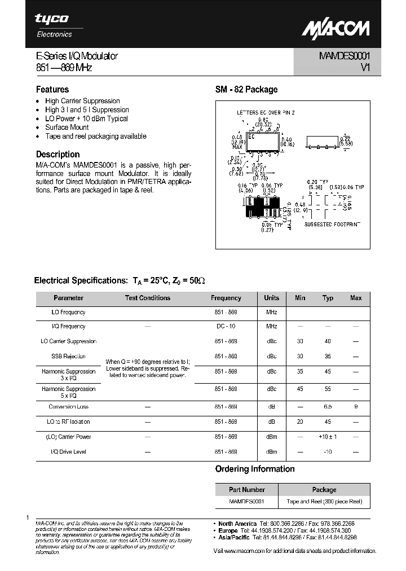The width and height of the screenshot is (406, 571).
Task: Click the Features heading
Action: click(x=52, y=89)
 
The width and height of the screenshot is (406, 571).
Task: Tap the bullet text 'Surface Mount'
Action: click(x=67, y=128)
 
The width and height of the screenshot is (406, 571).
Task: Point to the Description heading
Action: click(x=58, y=154)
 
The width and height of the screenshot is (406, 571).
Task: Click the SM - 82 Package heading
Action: click(x=246, y=89)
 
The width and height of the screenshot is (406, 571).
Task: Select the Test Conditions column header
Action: click(x=147, y=298)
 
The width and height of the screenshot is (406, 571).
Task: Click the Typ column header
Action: click(x=328, y=298)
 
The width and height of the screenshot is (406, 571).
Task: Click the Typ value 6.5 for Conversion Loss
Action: click(x=328, y=407)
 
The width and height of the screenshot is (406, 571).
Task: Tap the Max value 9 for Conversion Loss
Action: click(x=356, y=407)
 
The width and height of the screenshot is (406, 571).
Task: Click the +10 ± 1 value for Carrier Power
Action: click(x=328, y=437)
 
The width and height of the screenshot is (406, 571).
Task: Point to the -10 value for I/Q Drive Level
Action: click(x=328, y=452)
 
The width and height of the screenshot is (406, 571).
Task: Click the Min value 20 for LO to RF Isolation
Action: click(x=300, y=421)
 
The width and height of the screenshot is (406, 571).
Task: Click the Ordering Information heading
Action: click(x=255, y=469)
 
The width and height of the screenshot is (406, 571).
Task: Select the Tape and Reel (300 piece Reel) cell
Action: click(x=324, y=502)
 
